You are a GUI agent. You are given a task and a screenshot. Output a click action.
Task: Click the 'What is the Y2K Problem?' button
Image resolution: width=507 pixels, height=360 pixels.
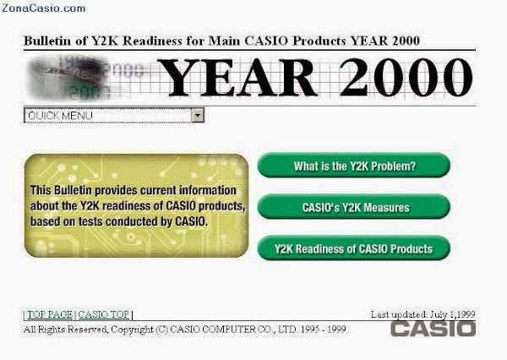point(354,166)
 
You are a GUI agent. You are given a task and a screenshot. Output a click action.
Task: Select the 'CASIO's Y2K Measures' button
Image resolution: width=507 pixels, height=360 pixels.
point(354,207)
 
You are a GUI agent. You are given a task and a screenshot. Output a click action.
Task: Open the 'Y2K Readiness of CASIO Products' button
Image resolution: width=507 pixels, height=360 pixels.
point(354,248)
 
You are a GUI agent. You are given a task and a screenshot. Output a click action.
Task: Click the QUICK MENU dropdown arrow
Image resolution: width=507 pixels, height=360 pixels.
point(198,115)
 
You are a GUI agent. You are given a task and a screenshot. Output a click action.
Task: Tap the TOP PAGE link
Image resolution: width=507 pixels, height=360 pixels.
point(50,314)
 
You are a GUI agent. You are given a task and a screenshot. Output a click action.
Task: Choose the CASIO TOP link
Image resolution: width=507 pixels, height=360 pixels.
point(103,314)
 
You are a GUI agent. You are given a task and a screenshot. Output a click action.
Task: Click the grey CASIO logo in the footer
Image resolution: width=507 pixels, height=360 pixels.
point(433,329)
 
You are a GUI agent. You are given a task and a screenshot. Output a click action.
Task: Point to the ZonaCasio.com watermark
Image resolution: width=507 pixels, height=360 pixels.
point(44,8)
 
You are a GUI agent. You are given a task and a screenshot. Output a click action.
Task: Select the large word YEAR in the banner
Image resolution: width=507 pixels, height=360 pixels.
point(237,78)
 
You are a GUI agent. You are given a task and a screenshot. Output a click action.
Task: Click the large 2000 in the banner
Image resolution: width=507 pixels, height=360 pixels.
point(406,78)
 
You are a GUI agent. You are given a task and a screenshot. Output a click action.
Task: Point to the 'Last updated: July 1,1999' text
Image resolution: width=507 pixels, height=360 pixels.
point(423,314)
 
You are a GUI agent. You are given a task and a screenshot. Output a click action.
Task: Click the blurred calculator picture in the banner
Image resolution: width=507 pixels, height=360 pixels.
point(69,78)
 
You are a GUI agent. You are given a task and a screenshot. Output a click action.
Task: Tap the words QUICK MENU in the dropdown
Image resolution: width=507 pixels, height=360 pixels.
point(61,116)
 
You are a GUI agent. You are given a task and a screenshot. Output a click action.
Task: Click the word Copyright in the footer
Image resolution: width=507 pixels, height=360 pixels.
point(132,330)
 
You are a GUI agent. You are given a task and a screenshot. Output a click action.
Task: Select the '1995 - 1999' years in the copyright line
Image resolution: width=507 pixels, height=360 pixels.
point(324,330)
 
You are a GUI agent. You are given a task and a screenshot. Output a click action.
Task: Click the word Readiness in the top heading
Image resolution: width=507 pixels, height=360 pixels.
point(152,41)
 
